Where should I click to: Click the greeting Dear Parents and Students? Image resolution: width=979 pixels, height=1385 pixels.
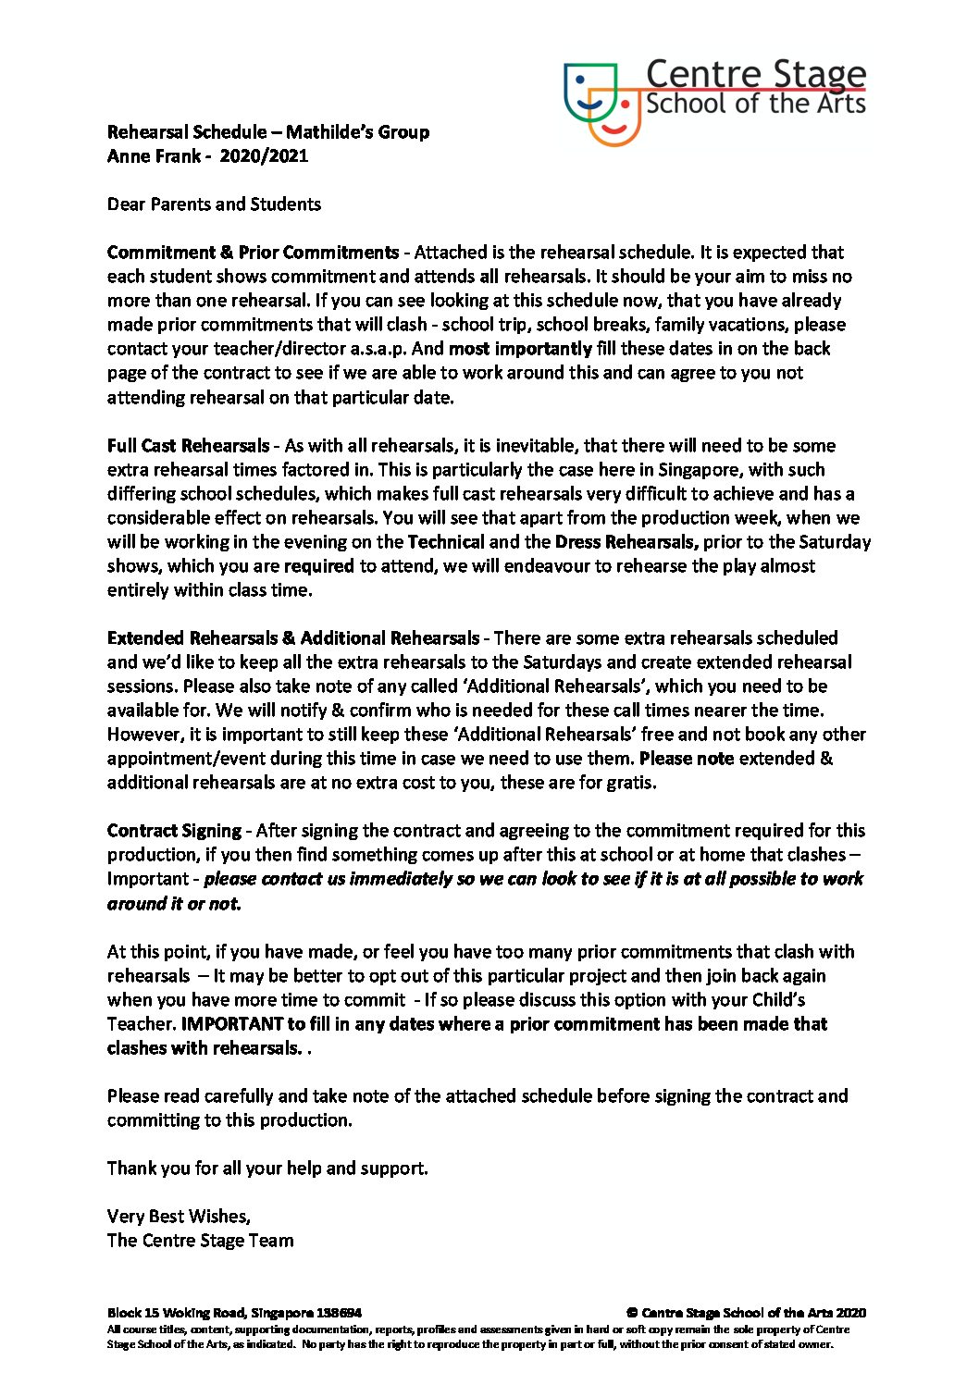pyautogui.click(x=214, y=204)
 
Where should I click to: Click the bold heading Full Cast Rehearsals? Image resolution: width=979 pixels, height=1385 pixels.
pyautogui.click(x=189, y=446)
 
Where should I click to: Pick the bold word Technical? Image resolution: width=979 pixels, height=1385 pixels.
pyautogui.click(x=446, y=542)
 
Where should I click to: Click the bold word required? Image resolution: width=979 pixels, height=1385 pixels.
pyautogui.click(x=318, y=566)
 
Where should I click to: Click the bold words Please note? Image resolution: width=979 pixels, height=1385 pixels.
pyautogui.click(x=687, y=759)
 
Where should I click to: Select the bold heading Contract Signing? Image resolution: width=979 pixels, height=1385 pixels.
pyautogui.click(x=174, y=831)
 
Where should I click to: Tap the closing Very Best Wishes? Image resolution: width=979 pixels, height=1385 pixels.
pyautogui.click(x=179, y=1217)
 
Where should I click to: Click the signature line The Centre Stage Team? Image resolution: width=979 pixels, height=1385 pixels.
pyautogui.click(x=200, y=1241)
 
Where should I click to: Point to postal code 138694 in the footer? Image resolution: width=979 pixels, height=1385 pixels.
pyautogui.click(x=339, y=1313)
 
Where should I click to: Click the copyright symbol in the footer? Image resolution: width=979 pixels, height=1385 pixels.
pyautogui.click(x=632, y=1313)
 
